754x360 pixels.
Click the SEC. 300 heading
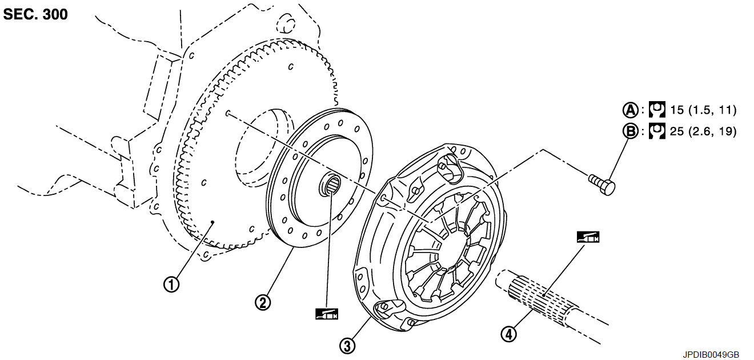pyautogui.click(x=35, y=14)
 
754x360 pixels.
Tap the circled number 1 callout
pyautogui.click(x=171, y=285)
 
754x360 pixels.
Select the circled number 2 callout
pyautogui.click(x=263, y=302)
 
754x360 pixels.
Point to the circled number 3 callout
pyautogui.click(x=347, y=346)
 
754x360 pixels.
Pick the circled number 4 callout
pyautogui.click(x=508, y=334)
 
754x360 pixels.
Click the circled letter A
pyautogui.click(x=630, y=110)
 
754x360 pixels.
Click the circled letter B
pyautogui.click(x=630, y=131)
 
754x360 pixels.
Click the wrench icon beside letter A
pyautogui.click(x=657, y=110)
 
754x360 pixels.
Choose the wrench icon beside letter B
pyautogui.click(x=657, y=131)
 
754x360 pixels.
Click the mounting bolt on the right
pyautogui.click(x=602, y=184)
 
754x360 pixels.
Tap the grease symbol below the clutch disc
pyautogui.click(x=327, y=314)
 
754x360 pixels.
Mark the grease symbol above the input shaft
pyautogui.click(x=588, y=237)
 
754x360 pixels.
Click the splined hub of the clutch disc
pyautogui.click(x=330, y=185)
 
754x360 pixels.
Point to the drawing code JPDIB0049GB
pyautogui.click(x=711, y=355)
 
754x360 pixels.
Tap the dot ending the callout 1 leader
pyautogui.click(x=212, y=222)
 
